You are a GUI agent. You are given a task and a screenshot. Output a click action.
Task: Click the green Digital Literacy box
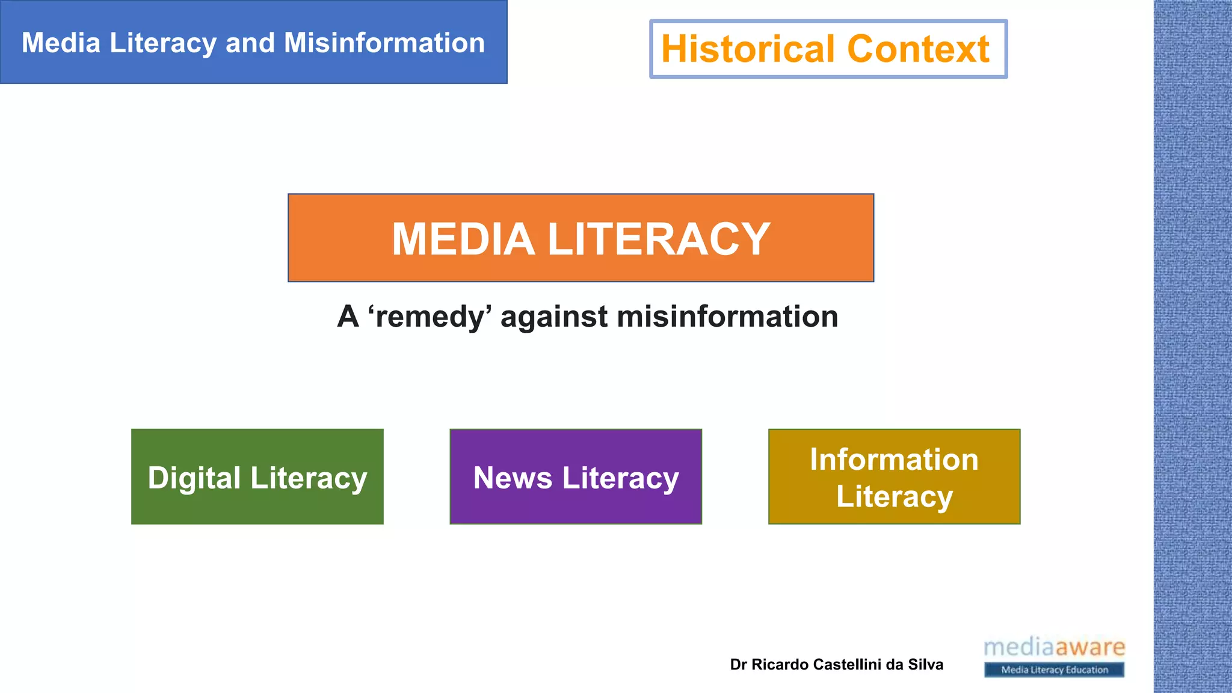[257, 476]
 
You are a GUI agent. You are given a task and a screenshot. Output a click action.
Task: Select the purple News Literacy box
[576, 476]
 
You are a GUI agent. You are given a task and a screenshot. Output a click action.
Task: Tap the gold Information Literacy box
[894, 476]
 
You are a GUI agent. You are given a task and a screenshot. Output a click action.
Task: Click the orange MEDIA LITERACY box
[581, 238]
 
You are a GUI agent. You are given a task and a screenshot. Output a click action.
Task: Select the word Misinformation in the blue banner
[384, 43]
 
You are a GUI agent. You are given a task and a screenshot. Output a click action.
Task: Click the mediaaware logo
[1054, 648]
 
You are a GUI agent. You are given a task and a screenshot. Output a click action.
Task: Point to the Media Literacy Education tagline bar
[1054, 670]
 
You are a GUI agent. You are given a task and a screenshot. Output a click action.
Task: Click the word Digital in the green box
[194, 478]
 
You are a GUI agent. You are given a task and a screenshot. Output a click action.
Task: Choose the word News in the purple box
[513, 478]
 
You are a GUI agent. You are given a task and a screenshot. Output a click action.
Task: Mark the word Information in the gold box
[894, 460]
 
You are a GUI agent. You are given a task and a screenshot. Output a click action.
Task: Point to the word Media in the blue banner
[61, 43]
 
